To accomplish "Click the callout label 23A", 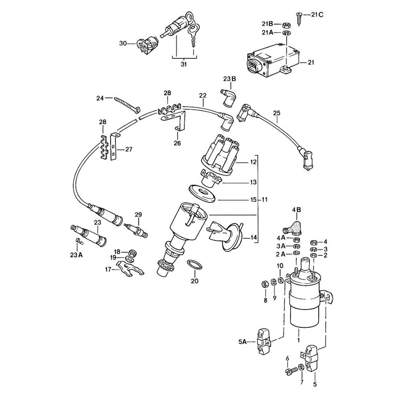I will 77,255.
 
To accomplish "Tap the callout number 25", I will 276,114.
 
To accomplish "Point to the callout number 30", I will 123,43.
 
